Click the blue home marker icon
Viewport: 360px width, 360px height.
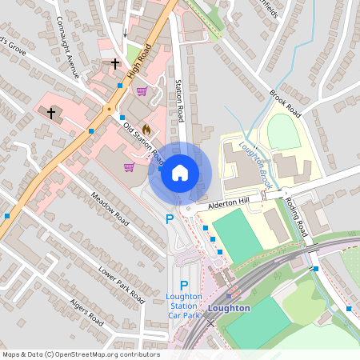point(180,172)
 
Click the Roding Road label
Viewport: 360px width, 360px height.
point(301,218)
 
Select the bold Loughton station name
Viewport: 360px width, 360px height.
point(229,308)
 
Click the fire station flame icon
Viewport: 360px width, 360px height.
point(146,130)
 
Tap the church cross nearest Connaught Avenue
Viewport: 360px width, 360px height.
point(115,62)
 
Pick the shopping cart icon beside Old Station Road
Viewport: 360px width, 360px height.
point(129,166)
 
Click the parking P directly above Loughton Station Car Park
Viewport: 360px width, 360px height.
point(183,286)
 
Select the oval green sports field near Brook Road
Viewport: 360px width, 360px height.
point(283,131)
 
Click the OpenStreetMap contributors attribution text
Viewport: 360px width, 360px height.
point(81,354)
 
